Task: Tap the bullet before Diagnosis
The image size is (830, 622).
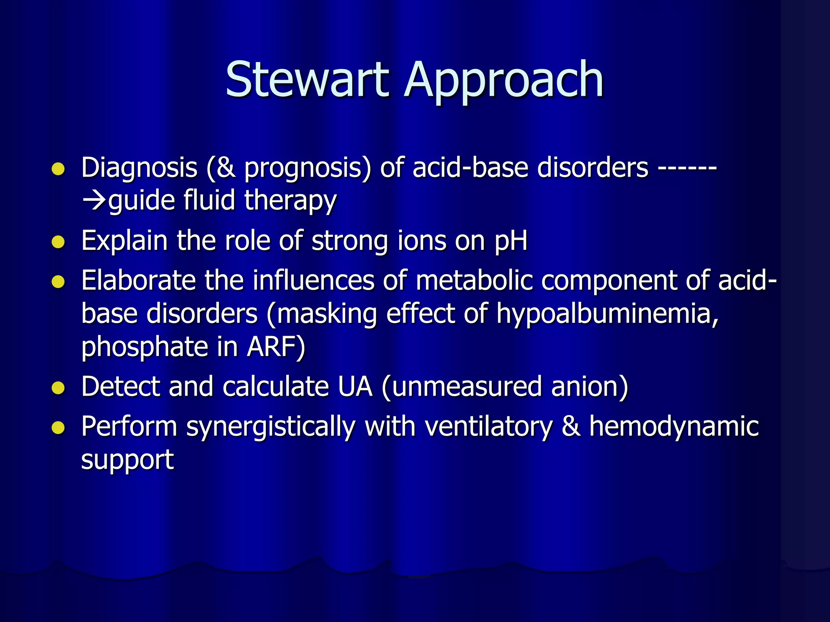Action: pos(58,169)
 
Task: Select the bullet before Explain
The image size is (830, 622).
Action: pos(58,242)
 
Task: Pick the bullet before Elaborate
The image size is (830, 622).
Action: pos(58,282)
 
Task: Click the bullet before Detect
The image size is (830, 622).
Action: pos(58,388)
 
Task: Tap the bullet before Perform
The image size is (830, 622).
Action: pos(58,428)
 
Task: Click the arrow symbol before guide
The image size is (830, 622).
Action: pos(94,200)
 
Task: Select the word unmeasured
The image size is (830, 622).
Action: pos(466,386)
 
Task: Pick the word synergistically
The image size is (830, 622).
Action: pos(271,428)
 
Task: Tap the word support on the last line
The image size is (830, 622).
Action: pos(127,460)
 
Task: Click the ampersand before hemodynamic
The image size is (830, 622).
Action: pos(571,426)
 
